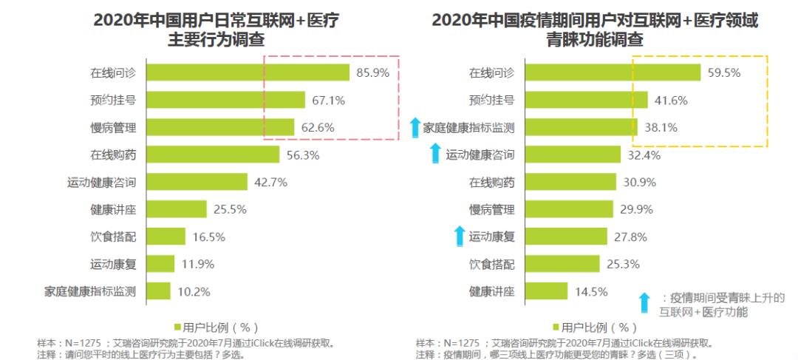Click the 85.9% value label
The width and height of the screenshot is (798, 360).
tap(372, 72)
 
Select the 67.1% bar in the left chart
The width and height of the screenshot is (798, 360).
tap(225, 100)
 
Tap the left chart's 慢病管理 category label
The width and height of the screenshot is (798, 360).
tap(113, 127)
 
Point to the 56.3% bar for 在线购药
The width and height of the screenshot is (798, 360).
tap(213, 154)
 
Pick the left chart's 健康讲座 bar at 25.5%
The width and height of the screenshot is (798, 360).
tap(177, 209)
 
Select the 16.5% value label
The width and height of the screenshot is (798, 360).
tap(208, 237)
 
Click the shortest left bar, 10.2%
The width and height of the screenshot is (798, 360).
tap(158, 291)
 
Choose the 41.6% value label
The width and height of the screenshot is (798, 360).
tap(670, 100)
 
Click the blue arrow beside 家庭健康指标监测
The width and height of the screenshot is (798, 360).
tap(415, 127)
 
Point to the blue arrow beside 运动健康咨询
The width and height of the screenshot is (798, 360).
tap(436, 154)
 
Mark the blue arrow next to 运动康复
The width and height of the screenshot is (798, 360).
tap(459, 237)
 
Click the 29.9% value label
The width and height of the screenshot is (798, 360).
tap(636, 209)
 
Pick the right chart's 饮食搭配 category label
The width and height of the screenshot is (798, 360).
tap(491, 264)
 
